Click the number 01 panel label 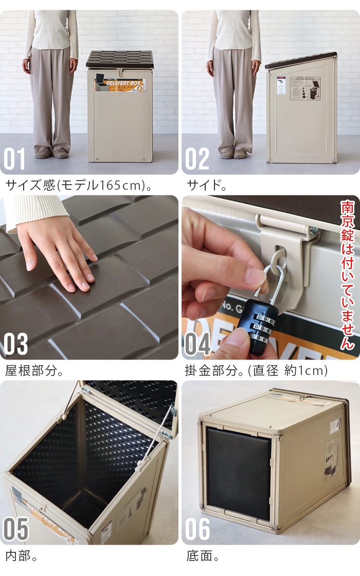click(x=14, y=159)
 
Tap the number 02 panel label click(x=197, y=159)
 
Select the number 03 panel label click(x=15, y=344)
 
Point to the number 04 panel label click(x=198, y=344)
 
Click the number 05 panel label click(x=15, y=529)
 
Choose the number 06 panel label click(x=198, y=529)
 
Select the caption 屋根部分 click(x=34, y=370)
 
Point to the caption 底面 click(x=201, y=556)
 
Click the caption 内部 click(x=21, y=556)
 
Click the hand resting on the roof click(x=57, y=247)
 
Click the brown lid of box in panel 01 click(x=120, y=59)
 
